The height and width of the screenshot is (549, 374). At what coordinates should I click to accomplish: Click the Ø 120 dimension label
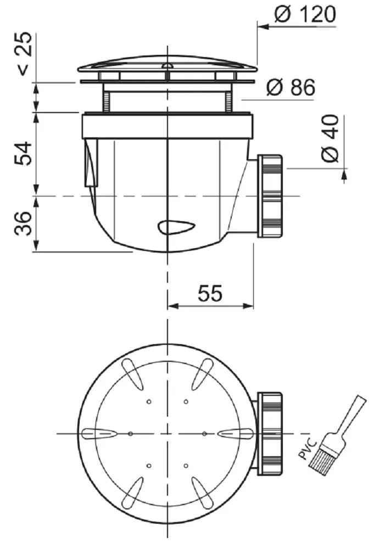(x=305, y=15)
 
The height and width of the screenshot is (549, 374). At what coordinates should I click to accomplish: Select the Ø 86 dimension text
(x=291, y=87)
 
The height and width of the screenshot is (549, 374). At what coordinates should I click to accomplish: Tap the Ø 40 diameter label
(x=330, y=139)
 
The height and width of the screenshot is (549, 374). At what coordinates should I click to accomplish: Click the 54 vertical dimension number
(x=23, y=154)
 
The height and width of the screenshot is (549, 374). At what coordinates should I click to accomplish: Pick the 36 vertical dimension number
(x=23, y=223)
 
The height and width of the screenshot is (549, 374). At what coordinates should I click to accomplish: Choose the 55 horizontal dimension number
(x=210, y=293)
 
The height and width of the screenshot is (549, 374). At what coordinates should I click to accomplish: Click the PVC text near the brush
(x=308, y=450)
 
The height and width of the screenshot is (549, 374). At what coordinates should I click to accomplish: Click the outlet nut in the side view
(x=270, y=196)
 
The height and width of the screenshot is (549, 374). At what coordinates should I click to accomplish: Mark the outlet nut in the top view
(x=270, y=434)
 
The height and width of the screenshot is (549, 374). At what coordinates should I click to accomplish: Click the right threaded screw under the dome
(x=228, y=102)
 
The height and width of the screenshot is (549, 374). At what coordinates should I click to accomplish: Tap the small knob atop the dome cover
(x=168, y=65)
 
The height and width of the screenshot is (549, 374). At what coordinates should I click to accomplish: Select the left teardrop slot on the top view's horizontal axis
(x=99, y=434)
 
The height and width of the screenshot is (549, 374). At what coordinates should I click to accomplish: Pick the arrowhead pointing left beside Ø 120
(x=263, y=26)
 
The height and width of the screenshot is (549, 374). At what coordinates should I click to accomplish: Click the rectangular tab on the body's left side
(x=91, y=162)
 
